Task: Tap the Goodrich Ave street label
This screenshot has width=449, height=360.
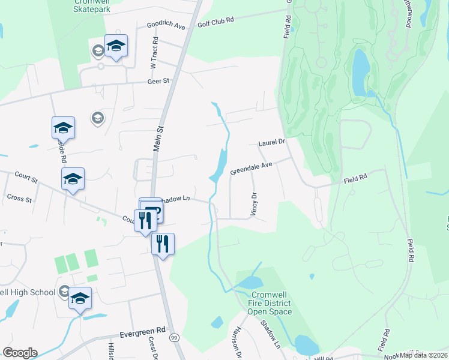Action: pyautogui.click(x=166, y=26)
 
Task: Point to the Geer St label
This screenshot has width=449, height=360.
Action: pyautogui.click(x=160, y=80)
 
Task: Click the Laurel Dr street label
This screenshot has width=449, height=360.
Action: pyautogui.click(x=271, y=143)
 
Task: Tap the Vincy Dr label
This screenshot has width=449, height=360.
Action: pyautogui.click(x=254, y=204)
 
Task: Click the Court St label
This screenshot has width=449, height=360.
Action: pyautogui.click(x=26, y=179)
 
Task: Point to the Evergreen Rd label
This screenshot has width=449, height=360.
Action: pyautogui.click(x=142, y=331)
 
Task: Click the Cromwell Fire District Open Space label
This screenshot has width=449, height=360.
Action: pyautogui.click(x=271, y=304)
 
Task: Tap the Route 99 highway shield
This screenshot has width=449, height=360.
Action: pyautogui.click(x=174, y=338)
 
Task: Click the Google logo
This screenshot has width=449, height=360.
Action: pyautogui.click(x=20, y=353)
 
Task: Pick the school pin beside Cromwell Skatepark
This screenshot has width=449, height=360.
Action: pyautogui.click(x=116, y=46)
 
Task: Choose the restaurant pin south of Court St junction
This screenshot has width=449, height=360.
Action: pyautogui.click(x=162, y=244)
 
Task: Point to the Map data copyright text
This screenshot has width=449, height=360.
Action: pyautogui.click(x=423, y=355)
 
